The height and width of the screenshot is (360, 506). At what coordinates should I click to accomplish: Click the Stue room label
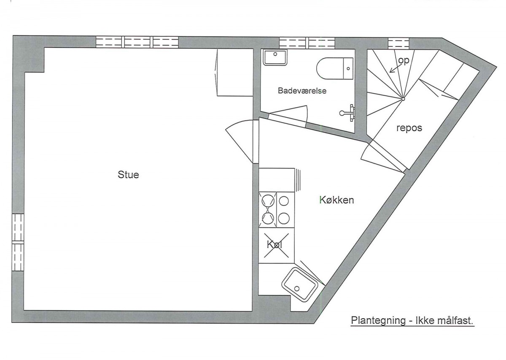(128, 175)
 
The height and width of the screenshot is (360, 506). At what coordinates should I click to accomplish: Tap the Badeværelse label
(302, 91)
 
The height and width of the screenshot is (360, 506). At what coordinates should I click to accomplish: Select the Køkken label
(336, 200)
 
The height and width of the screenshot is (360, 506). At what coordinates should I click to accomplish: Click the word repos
(409, 128)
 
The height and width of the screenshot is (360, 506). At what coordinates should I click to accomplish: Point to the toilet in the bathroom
(335, 68)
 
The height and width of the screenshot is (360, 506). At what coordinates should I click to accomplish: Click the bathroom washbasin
(275, 57)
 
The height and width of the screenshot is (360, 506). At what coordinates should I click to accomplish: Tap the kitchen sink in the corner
(300, 285)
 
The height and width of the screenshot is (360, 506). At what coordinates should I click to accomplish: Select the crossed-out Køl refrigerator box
(277, 246)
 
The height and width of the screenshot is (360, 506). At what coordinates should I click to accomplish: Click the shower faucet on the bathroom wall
(347, 113)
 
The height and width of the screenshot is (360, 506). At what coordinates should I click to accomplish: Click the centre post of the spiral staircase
(403, 99)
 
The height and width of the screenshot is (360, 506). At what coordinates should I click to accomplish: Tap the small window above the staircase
(399, 43)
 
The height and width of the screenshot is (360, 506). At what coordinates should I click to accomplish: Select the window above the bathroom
(307, 43)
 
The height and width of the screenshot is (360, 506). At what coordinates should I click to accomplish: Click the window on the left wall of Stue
(18, 242)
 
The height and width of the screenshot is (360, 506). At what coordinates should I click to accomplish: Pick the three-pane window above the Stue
(137, 42)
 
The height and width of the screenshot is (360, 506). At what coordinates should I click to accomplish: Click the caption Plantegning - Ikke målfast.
(412, 321)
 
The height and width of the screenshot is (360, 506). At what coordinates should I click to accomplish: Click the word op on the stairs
(404, 61)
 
